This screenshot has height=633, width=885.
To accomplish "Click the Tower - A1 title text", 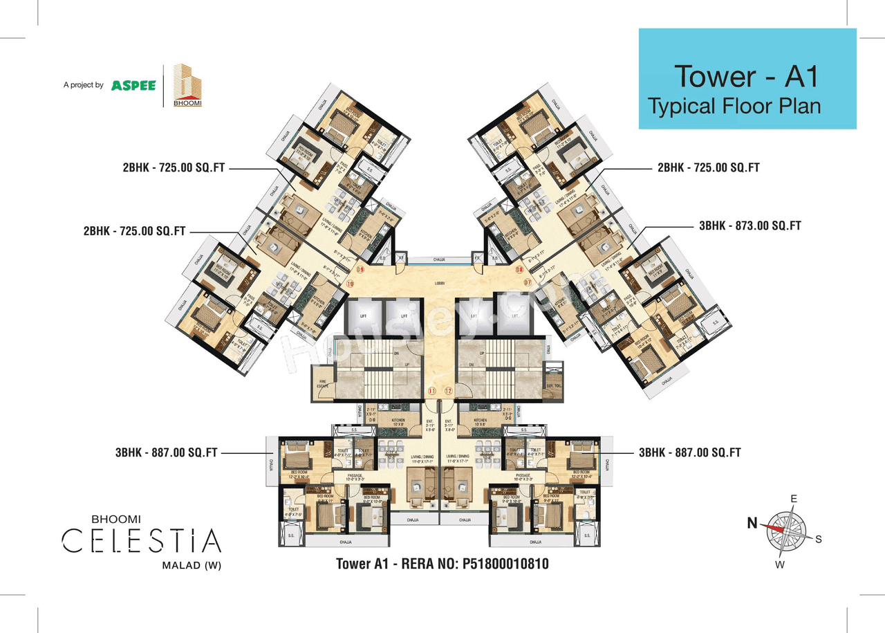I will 746,75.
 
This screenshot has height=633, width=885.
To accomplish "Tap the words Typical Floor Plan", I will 734,106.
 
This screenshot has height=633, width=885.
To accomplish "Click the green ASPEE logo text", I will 133,85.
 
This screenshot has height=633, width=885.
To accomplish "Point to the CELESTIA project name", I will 142,540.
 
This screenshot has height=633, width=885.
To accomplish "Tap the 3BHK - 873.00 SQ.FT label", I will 750,226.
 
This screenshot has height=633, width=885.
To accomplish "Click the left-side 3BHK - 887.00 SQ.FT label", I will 167,452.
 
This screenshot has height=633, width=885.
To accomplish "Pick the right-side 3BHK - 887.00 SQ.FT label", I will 689,452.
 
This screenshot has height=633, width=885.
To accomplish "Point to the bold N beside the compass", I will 752,524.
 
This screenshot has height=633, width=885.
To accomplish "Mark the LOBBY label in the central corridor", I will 440,283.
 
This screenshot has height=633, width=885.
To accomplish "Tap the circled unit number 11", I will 432,392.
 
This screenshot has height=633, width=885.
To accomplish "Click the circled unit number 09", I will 360,270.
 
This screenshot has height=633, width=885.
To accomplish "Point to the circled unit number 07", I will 527,282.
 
